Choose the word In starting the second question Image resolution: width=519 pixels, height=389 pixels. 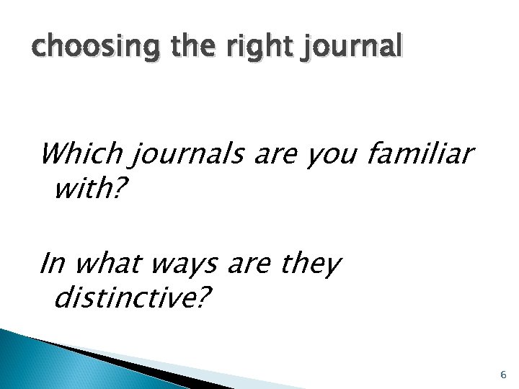pyautogui.click(x=52, y=264)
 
